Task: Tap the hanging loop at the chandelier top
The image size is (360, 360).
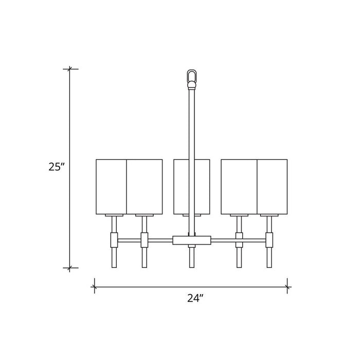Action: pyautogui.click(x=192, y=77)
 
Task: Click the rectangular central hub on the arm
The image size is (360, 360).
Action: pyautogui.click(x=192, y=240)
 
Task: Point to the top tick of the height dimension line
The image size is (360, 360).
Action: pyautogui.click(x=70, y=68)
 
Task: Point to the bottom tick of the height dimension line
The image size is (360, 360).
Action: pyautogui.click(x=70, y=268)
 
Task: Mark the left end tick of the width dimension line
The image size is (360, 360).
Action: pyautogui.click(x=94, y=285)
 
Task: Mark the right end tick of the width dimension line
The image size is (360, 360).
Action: pyautogui.click(x=287, y=285)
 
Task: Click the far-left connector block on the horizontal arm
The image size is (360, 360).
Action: pyautogui.click(x=114, y=239)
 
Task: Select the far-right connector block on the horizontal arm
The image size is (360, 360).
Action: pyautogui.click(x=269, y=239)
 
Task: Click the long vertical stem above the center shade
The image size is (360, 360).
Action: pyautogui.click(x=192, y=123)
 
